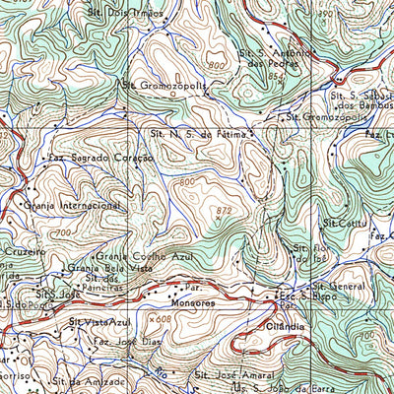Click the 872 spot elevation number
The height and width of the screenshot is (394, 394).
pyautogui.click(x=226, y=211)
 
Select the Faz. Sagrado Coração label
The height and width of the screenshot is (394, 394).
pyautogui.click(x=101, y=158)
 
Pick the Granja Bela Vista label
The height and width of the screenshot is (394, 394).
pyautogui.click(x=110, y=268)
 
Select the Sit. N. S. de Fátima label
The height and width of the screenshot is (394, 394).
pyautogui.click(x=196, y=132)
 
